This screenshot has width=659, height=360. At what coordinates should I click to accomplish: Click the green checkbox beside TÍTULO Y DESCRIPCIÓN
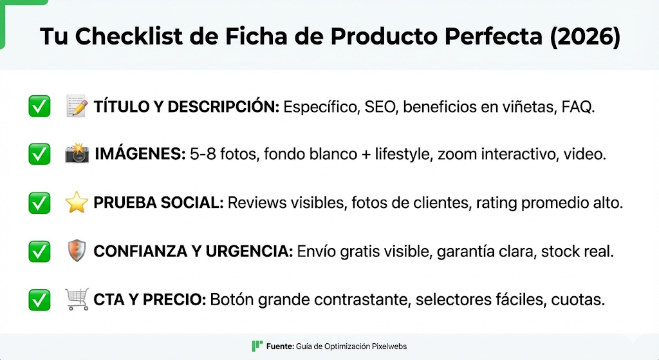point(39,106)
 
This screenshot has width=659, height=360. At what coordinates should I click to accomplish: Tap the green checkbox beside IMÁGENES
point(39,155)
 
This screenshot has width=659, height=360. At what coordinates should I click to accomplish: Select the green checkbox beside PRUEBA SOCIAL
point(39,203)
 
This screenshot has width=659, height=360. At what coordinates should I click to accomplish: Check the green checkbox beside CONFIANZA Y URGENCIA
point(39,251)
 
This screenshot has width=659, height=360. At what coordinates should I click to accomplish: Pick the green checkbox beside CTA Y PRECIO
point(39,299)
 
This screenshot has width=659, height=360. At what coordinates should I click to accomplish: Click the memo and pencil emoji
point(77,106)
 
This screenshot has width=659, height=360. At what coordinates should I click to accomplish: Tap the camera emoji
point(77,154)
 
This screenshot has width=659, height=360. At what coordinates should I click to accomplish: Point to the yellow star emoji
point(77,202)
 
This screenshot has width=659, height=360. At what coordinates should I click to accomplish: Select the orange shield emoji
point(77,251)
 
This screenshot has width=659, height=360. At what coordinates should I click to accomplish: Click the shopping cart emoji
point(77,299)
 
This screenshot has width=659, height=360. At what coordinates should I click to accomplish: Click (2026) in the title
point(586,37)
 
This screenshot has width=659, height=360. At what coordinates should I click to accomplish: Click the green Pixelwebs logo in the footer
point(257,346)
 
